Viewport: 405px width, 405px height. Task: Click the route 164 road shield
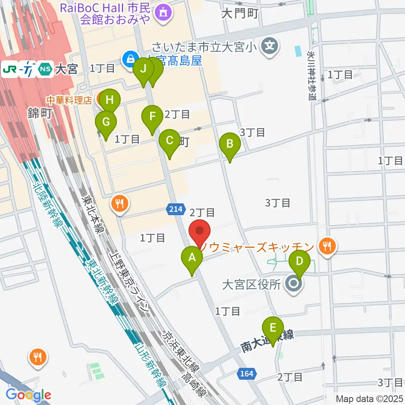pyautogui.click(x=248, y=373)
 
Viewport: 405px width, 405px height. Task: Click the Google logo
pyautogui.click(x=29, y=394)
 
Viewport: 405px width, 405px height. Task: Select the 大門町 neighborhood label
pyautogui.click(x=239, y=13)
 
